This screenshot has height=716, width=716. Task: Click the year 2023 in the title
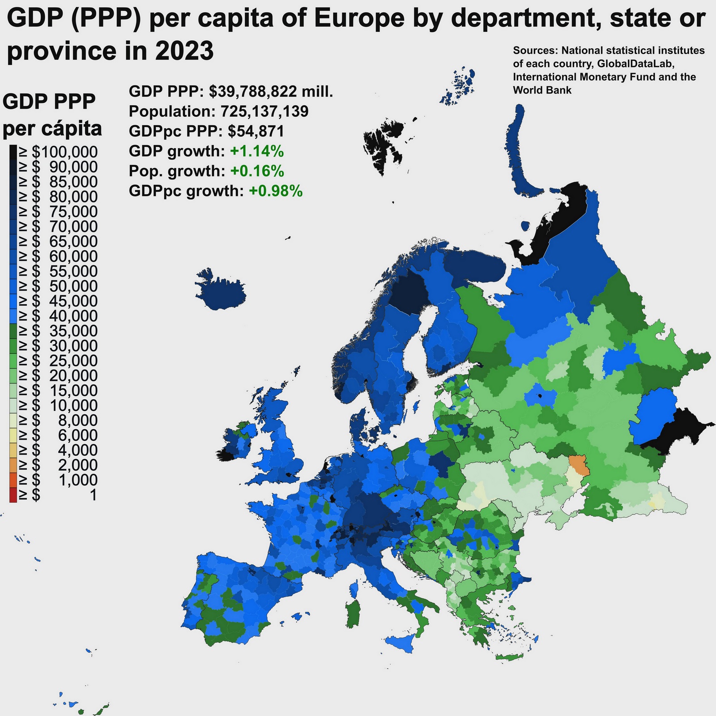click(184, 51)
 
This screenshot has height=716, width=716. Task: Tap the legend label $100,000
click(64, 152)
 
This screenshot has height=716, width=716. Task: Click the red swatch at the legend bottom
click(13, 495)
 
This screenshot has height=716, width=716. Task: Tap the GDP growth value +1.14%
click(257, 151)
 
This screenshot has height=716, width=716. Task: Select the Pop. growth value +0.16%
click(257, 171)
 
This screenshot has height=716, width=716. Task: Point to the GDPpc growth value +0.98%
click(276, 191)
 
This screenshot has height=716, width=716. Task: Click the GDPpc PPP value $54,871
click(256, 131)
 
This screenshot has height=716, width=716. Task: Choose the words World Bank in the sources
click(542, 90)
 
